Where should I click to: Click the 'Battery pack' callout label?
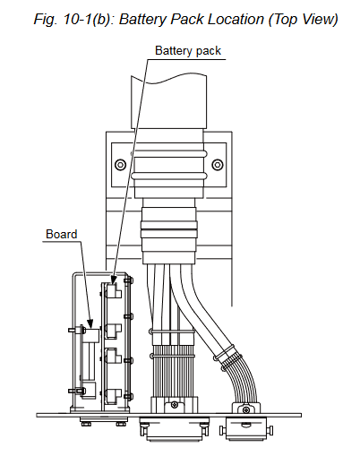[x=188, y=51]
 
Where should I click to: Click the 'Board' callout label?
[x=62, y=234]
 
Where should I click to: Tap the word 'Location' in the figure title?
[x=236, y=20]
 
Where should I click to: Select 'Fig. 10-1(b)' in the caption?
[x=74, y=20]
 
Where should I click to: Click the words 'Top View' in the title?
[x=303, y=20]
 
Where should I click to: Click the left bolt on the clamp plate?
[x=120, y=165]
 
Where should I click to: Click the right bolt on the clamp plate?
[x=218, y=165]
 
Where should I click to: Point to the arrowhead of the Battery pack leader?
[x=114, y=280]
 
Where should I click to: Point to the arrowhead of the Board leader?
[x=90, y=323]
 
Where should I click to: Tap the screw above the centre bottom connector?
[x=175, y=405]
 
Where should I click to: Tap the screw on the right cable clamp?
[x=246, y=409]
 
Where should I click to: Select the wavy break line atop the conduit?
[x=168, y=79]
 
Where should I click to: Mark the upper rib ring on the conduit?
[x=169, y=154]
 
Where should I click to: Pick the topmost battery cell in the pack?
[x=114, y=291]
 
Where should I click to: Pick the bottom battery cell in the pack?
[x=114, y=396]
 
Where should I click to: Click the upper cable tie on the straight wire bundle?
[x=172, y=332]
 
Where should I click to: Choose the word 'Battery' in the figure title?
[x=143, y=20]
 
